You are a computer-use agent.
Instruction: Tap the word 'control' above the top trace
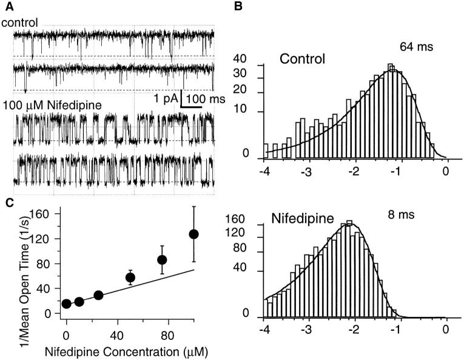(20, 23)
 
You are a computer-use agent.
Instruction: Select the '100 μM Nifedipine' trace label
(52, 104)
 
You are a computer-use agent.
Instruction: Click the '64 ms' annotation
(415, 46)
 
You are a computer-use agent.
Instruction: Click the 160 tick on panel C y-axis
(42, 214)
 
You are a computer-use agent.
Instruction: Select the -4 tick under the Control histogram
(264, 172)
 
